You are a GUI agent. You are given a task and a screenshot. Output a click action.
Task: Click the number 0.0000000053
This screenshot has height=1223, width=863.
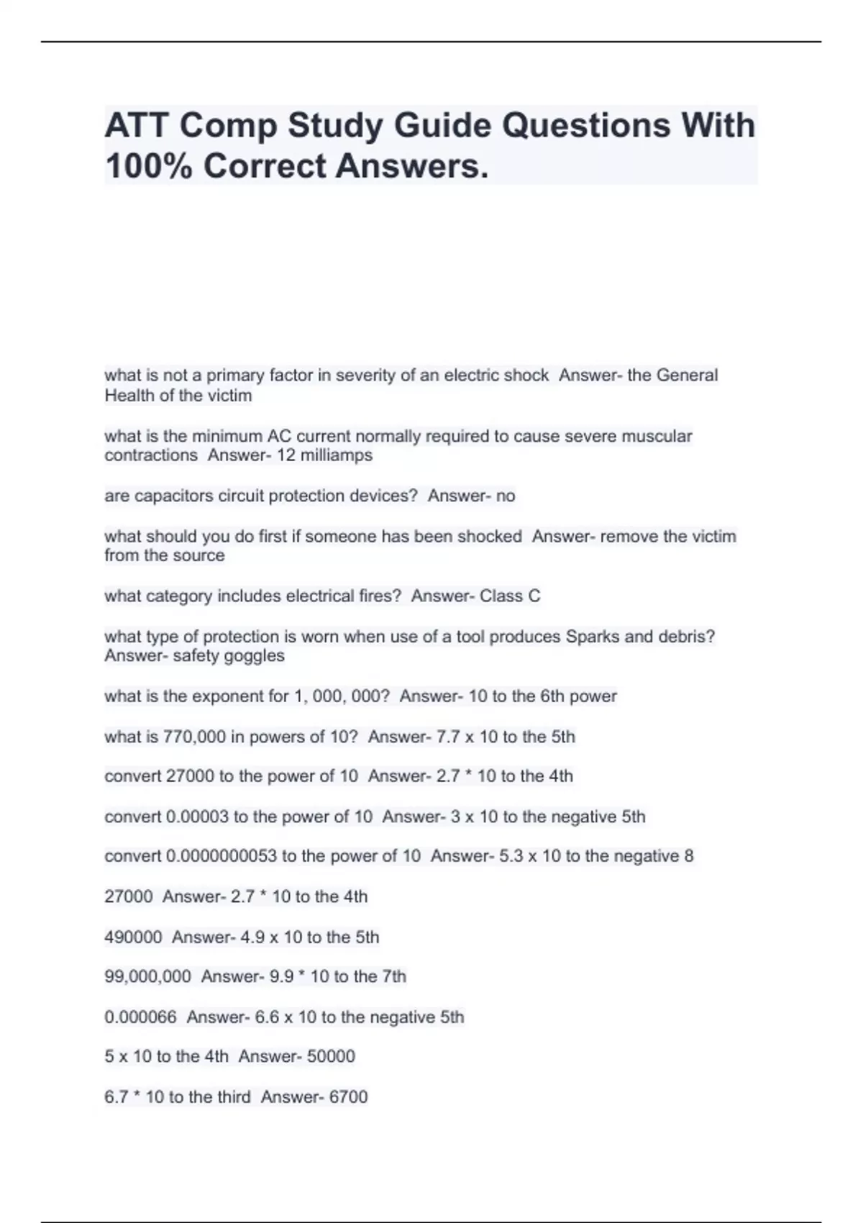(221, 856)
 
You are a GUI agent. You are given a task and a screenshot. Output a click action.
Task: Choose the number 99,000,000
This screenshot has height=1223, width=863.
(147, 976)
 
